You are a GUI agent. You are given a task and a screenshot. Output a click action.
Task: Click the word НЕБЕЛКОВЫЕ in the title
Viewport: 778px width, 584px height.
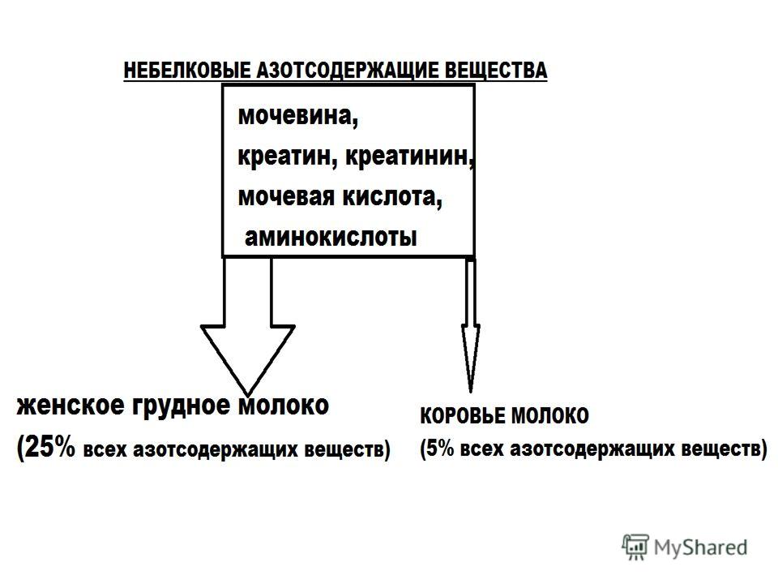click(186, 70)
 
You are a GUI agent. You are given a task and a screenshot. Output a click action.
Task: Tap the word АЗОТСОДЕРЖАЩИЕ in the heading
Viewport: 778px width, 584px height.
click(346, 70)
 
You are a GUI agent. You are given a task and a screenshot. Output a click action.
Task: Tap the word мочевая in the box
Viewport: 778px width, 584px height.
click(287, 196)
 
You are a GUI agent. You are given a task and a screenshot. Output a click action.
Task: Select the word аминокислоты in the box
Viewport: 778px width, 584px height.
click(331, 238)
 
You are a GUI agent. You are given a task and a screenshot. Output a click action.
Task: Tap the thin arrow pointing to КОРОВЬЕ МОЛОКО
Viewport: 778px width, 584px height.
click(470, 325)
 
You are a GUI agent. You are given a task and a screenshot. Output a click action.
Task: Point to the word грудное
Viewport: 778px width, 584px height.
click(182, 406)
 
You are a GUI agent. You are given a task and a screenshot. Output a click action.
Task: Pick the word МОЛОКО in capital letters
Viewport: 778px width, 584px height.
click(550, 415)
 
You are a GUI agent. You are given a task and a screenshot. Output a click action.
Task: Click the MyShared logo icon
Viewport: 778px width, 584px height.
click(635, 547)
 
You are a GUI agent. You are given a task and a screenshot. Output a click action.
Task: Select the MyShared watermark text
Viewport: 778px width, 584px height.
click(700, 547)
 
